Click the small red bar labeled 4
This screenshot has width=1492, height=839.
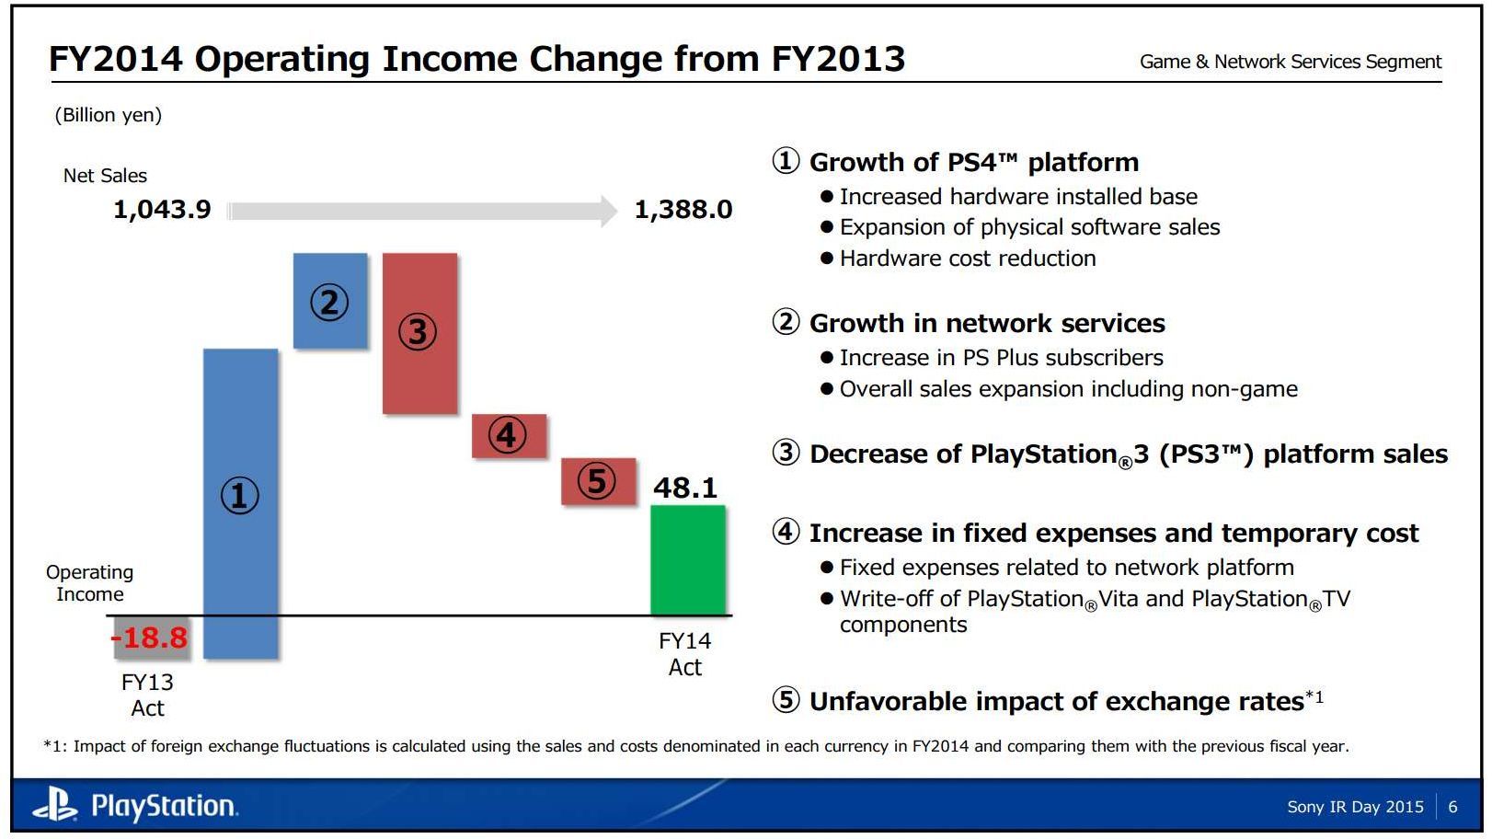pyautogui.click(x=509, y=435)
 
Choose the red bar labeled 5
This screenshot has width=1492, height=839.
pyautogui.click(x=598, y=481)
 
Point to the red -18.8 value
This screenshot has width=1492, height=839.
pyautogui.click(x=150, y=637)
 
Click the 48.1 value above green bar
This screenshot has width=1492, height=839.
pyautogui.click(x=684, y=488)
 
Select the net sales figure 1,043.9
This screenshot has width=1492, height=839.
pyautogui.click(x=162, y=210)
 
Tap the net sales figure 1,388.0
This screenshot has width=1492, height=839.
pyautogui.click(x=683, y=210)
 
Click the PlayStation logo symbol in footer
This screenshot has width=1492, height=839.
pyautogui.click(x=55, y=806)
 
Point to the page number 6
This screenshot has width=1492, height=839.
pyautogui.click(x=1452, y=807)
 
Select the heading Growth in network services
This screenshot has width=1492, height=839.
pyautogui.click(x=986, y=323)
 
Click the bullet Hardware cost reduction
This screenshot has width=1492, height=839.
pyautogui.click(x=967, y=259)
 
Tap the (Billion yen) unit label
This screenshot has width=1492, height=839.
pyautogui.click(x=108, y=115)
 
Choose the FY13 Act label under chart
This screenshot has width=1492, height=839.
pyautogui.click(x=147, y=695)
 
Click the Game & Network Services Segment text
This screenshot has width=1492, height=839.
pyautogui.click(x=1290, y=62)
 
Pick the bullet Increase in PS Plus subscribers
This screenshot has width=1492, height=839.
pyautogui.click(x=1001, y=358)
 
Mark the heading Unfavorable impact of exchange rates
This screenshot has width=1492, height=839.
pyautogui.click(x=1056, y=701)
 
